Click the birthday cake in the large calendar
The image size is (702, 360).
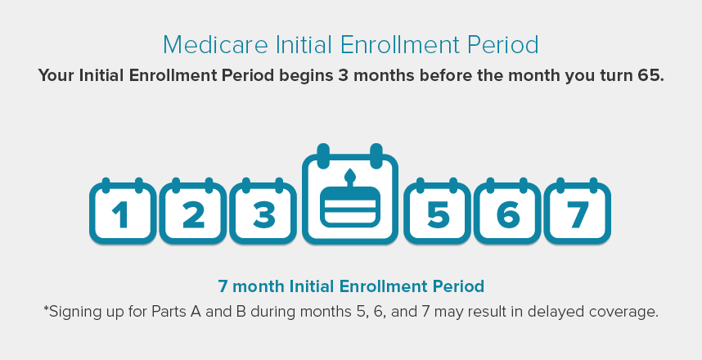pyautogui.click(x=350, y=207)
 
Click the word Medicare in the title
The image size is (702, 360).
pyautogui.click(x=216, y=45)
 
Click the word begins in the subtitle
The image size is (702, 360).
pyautogui.click(x=306, y=75)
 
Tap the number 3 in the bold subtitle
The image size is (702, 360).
pyautogui.click(x=343, y=75)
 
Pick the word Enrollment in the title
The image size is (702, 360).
pyautogui.click(x=400, y=45)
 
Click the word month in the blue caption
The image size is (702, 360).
pyautogui.click(x=259, y=286)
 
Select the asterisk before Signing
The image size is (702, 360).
pyautogui.click(x=46, y=308)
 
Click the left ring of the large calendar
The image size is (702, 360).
pyautogui.click(x=323, y=155)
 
